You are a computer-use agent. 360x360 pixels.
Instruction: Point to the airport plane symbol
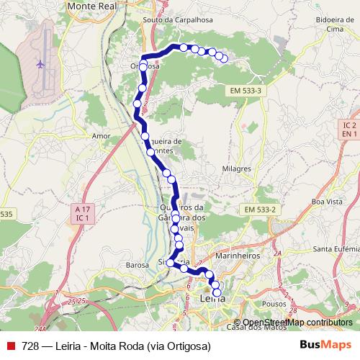(40, 64)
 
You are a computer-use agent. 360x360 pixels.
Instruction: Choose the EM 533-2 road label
(261, 209)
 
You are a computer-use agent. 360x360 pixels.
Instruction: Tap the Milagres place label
(236, 168)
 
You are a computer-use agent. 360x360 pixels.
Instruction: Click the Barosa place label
(137, 264)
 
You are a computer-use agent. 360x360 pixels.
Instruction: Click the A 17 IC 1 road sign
(82, 212)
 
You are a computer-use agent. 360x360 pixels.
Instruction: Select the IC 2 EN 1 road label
(350, 130)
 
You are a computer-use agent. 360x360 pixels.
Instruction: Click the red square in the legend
(11, 346)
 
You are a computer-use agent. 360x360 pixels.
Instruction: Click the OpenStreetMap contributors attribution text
(297, 322)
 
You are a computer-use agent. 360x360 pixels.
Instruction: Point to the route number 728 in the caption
(30, 346)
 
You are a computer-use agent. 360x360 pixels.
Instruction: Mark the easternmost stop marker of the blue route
(225, 58)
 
